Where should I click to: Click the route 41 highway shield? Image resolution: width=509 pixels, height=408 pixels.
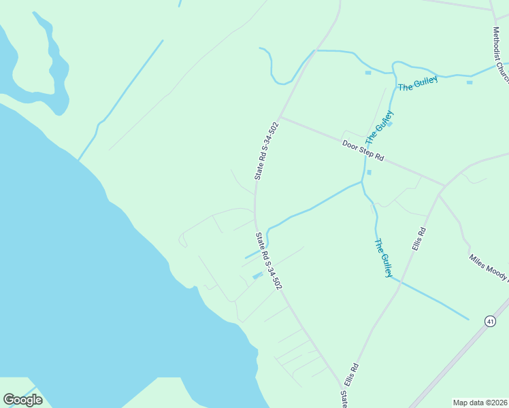click(x=489, y=320)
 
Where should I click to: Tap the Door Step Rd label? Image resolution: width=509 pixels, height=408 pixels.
click(x=363, y=150)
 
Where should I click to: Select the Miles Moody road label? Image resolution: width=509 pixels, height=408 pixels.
click(x=489, y=267)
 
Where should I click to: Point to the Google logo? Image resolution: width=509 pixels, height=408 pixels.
click(x=22, y=400)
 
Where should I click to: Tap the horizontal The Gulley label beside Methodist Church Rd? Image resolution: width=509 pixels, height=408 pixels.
click(x=417, y=84)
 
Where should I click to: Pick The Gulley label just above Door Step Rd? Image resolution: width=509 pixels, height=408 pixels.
click(x=379, y=127)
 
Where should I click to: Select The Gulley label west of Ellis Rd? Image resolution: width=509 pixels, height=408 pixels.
click(x=384, y=258)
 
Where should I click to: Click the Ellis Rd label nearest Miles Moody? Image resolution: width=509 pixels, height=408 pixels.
click(x=418, y=239)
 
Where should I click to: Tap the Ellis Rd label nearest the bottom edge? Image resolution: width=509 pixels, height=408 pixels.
click(x=351, y=375)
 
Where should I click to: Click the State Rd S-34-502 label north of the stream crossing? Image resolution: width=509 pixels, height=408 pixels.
click(x=267, y=151)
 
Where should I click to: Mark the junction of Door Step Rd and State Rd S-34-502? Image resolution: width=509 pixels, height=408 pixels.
click(x=280, y=117)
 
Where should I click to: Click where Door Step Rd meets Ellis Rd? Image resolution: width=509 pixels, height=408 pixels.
click(x=444, y=186)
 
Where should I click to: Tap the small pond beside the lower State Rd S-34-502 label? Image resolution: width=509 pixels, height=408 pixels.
click(x=257, y=275)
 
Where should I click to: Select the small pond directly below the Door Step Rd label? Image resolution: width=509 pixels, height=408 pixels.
click(x=369, y=172)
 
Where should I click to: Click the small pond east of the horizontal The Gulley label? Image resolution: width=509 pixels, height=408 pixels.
click(x=469, y=82)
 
